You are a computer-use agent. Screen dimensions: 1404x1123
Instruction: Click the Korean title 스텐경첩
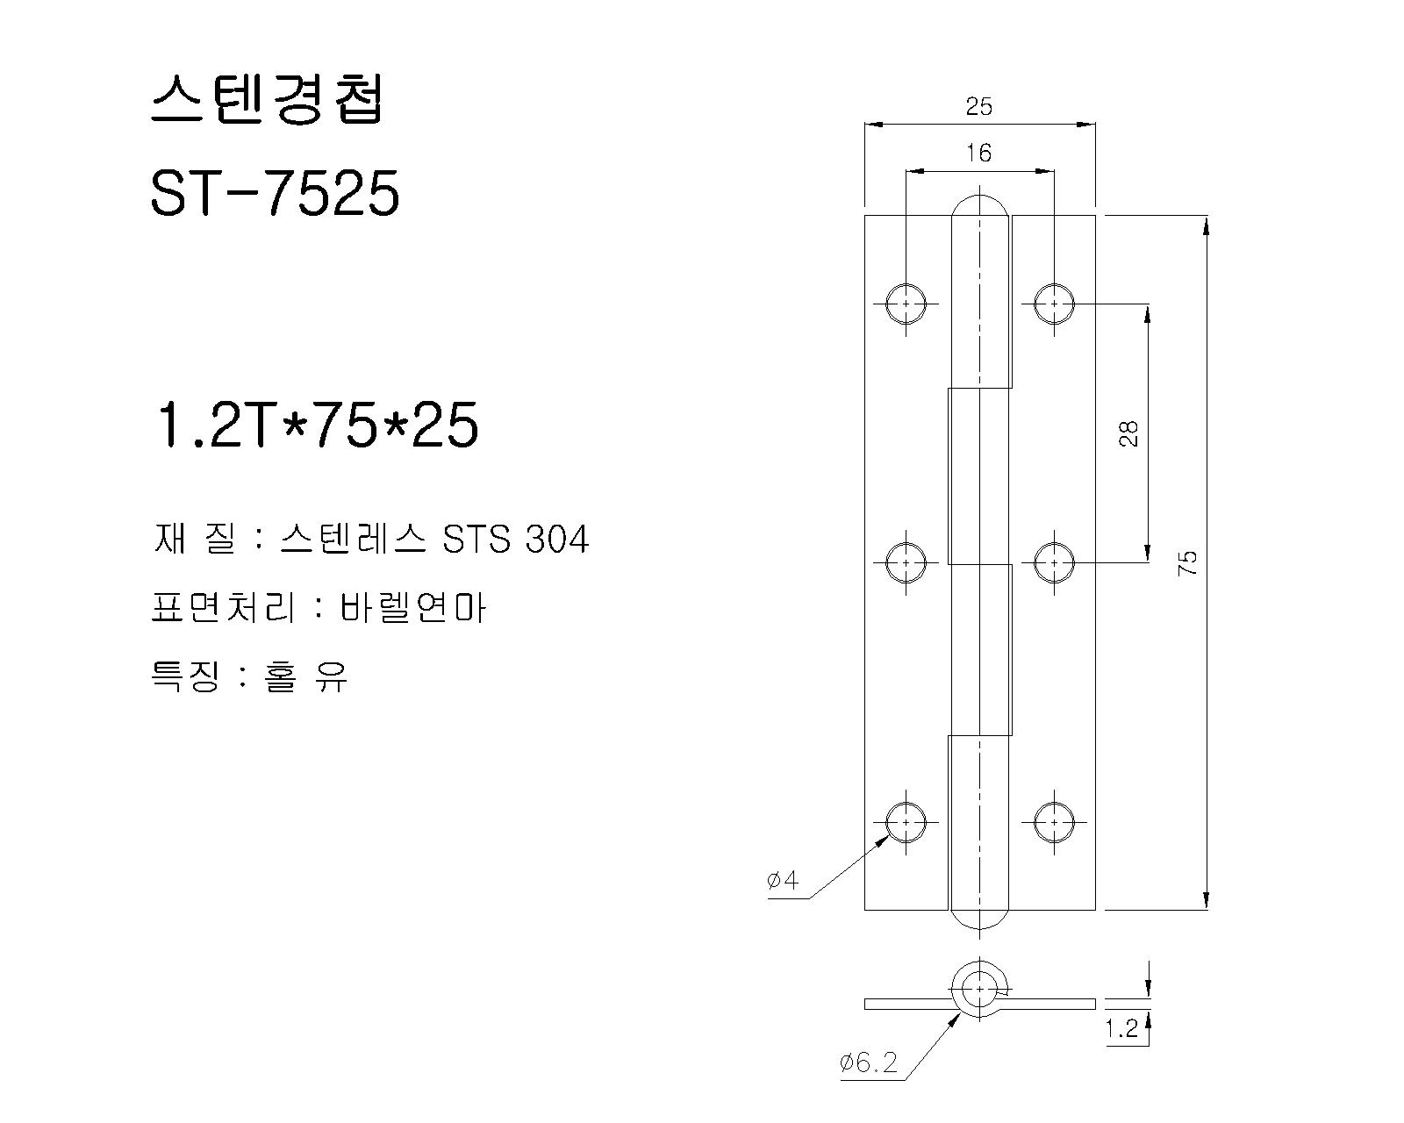(267, 98)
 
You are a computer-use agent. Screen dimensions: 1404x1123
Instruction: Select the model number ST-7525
(275, 193)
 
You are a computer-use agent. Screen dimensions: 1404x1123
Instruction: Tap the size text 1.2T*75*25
(316, 425)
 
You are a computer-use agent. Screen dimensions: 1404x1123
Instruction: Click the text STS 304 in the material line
(515, 540)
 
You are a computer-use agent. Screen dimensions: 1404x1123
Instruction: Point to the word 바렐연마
(413, 608)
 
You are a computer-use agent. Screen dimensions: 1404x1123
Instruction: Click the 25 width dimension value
(978, 106)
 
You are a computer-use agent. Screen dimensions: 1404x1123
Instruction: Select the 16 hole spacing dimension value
(978, 154)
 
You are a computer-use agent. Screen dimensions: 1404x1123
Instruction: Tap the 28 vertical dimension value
(1128, 433)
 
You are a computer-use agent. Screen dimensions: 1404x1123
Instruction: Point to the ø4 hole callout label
(783, 881)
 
